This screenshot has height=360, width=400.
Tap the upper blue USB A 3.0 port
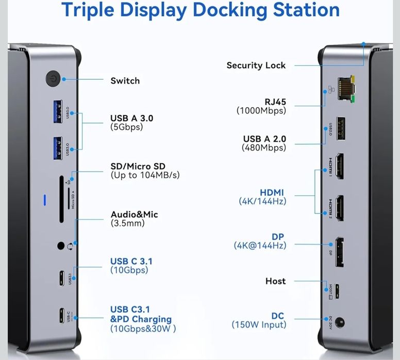[57, 111]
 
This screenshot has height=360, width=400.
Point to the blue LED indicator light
[45, 199]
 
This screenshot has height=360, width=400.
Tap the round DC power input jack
[339, 323]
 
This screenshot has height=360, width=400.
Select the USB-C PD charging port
[62, 315]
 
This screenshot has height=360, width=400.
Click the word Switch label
[125, 81]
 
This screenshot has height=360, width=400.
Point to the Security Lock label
[256, 65]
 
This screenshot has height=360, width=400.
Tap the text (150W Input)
[258, 324]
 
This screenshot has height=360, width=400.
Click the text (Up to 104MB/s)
[145, 176]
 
